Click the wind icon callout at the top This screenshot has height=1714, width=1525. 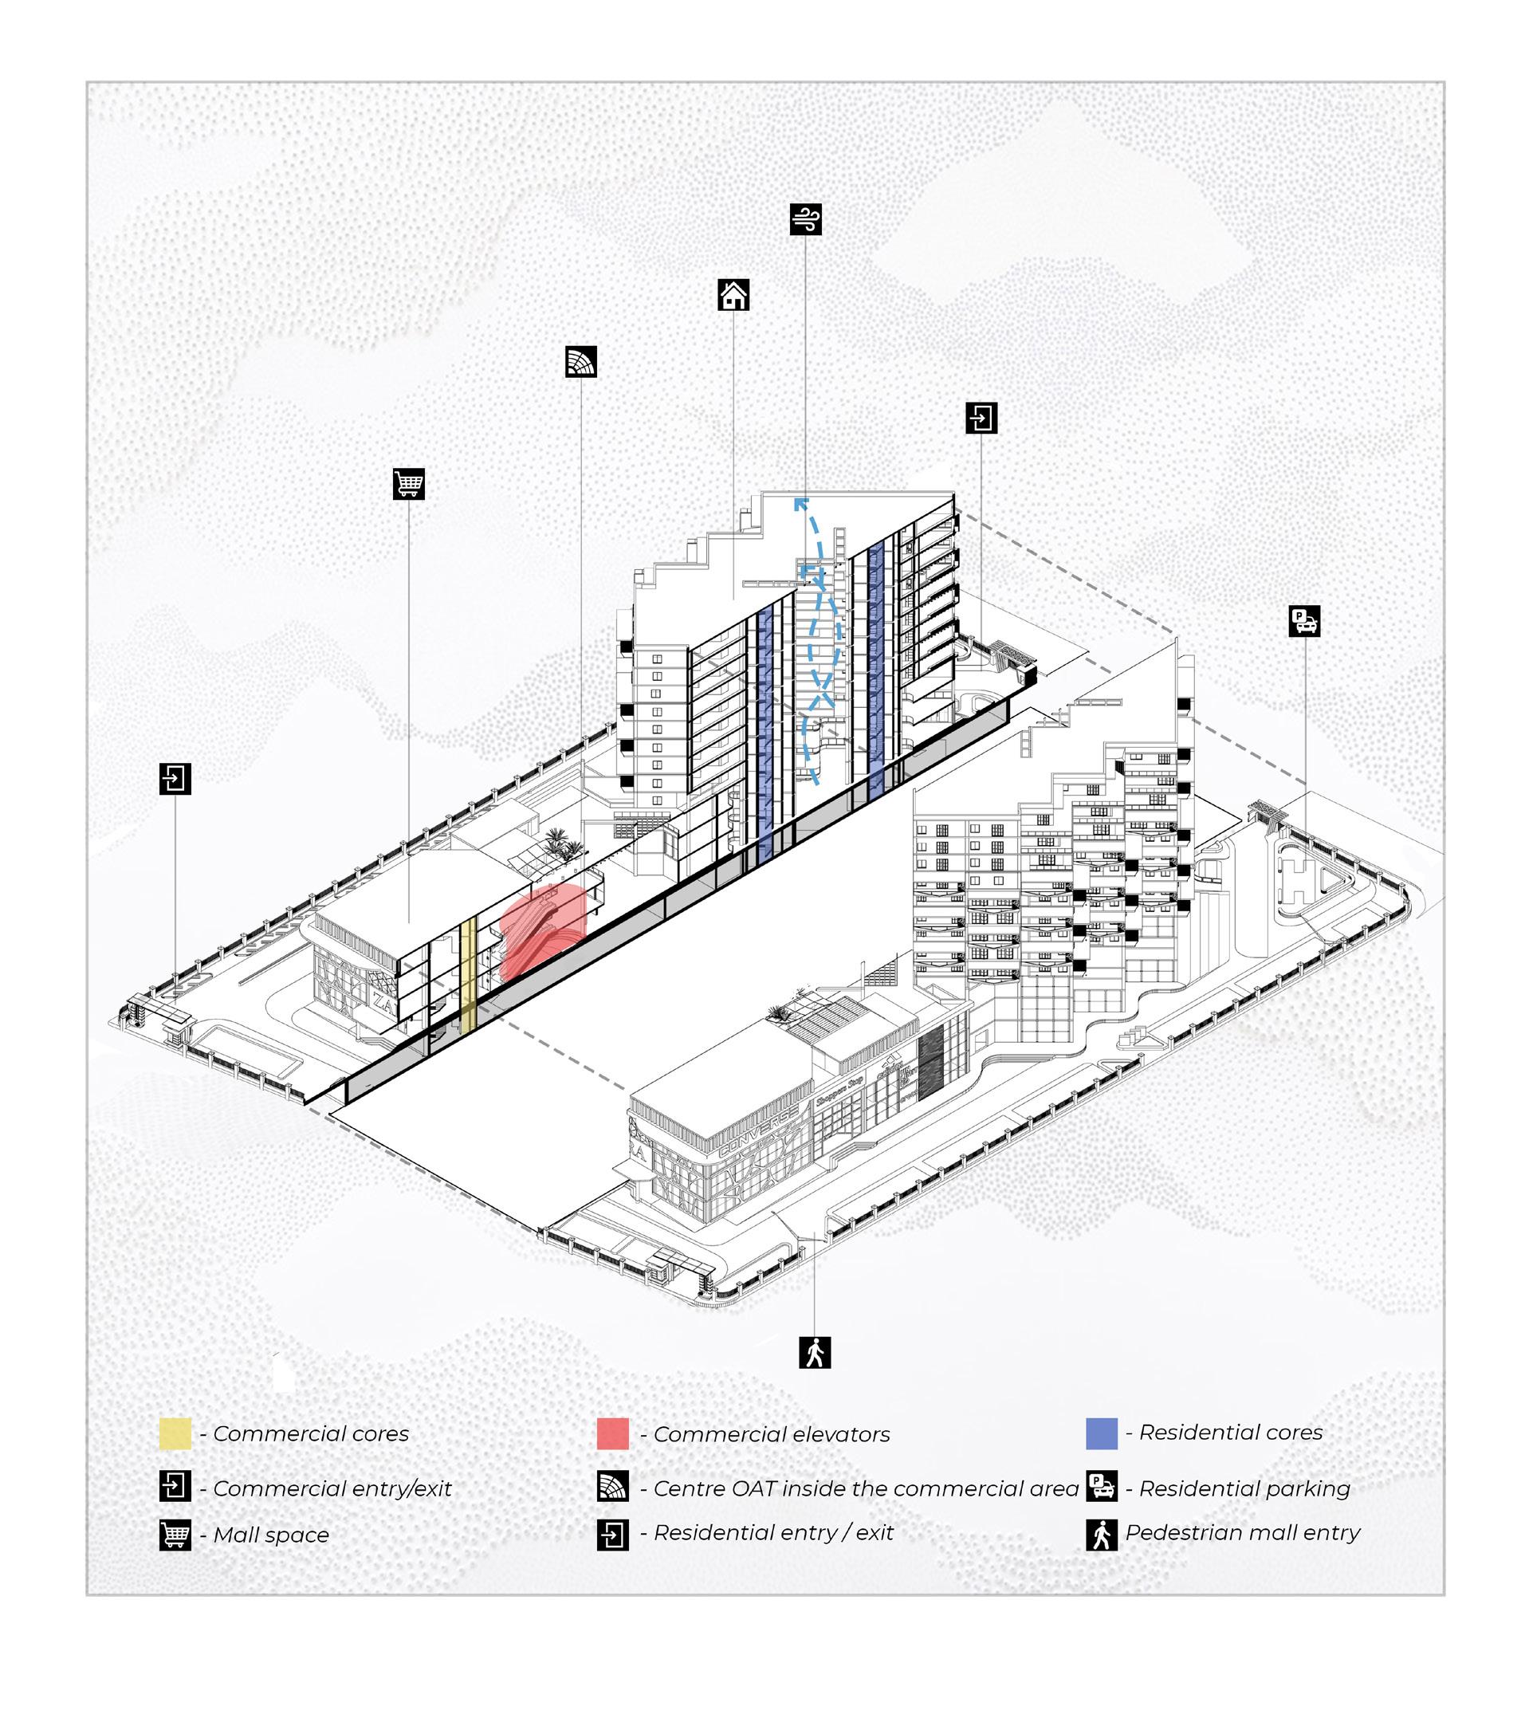pos(805,219)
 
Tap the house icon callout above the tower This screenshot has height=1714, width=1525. pos(733,294)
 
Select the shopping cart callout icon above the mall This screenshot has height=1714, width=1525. pos(408,483)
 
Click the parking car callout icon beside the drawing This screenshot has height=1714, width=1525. pos(1303,621)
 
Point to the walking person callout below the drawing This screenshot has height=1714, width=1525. pos(814,1352)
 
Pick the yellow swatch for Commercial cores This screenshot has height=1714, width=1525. pos(175,1434)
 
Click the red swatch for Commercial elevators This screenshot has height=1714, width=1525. pos(612,1434)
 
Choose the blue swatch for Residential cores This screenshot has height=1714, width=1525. pos(1101,1433)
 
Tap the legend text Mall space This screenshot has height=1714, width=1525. pos(271,1535)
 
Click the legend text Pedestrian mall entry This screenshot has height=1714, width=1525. pos(1242,1533)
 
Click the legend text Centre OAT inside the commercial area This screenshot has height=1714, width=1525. pos(865,1488)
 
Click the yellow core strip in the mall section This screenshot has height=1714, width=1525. pos(469,973)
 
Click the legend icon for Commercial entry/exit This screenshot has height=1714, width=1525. pos(175,1487)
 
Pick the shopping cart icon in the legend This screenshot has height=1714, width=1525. pos(175,1535)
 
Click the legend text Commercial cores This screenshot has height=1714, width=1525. pos(311,1434)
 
